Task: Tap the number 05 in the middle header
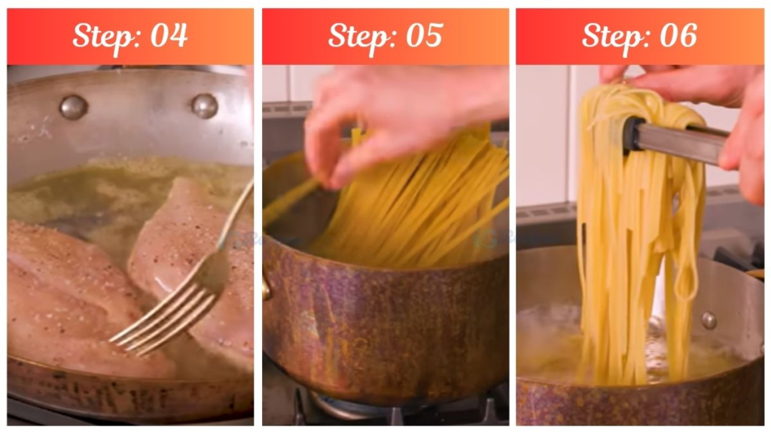423,35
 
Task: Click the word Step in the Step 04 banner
105,36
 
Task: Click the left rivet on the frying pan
73,107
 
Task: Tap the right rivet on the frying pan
204,105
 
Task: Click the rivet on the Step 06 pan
709,319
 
